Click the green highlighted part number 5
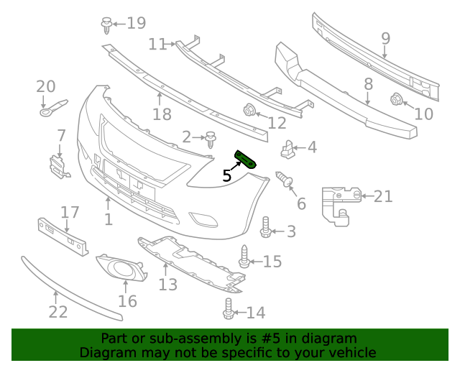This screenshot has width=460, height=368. coord(244,160)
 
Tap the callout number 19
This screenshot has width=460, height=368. coord(136,23)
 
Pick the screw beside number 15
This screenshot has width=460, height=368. coord(244,257)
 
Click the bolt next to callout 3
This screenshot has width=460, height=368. coord(265,228)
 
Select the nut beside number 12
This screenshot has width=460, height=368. coord(249,111)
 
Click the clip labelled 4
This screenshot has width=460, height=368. coord(287,150)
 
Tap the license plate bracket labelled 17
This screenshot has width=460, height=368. coord(63,235)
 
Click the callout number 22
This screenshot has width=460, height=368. coord(57,312)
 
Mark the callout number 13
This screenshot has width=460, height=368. coord(167,285)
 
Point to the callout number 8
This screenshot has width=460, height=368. coord(368,83)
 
